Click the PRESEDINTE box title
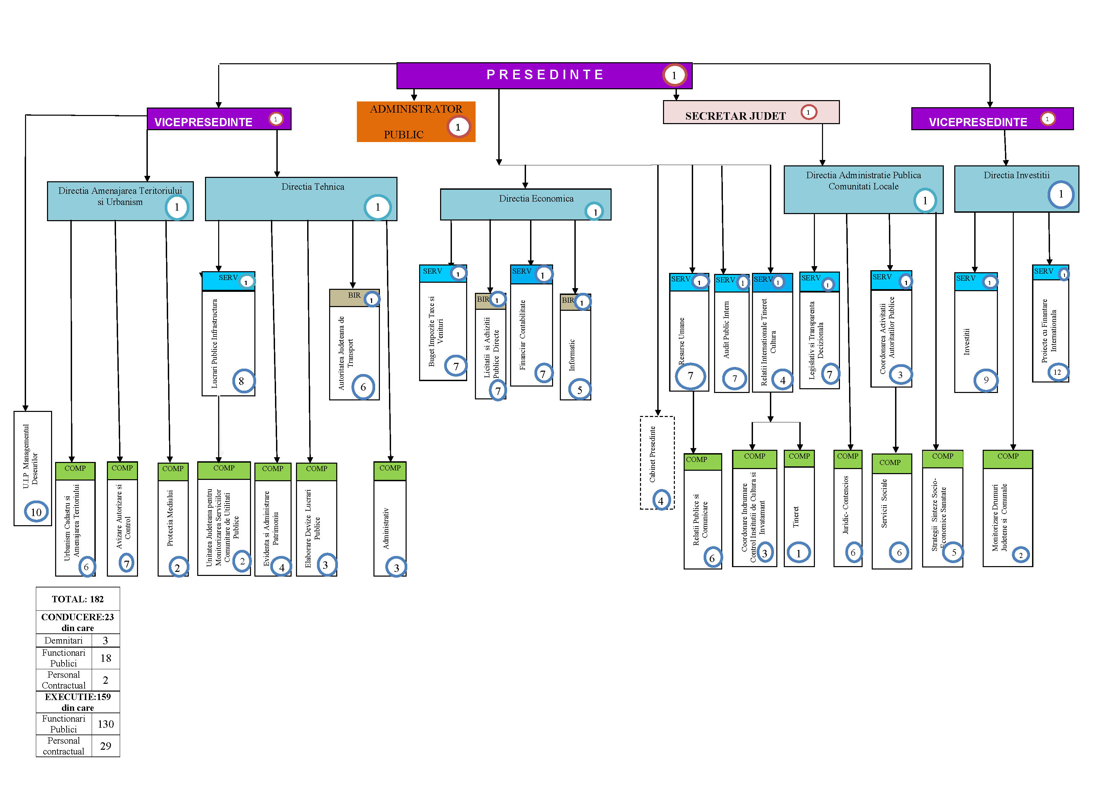(545, 74)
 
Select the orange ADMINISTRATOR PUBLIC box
(415, 122)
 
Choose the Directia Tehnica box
(301, 199)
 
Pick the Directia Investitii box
(1016, 189)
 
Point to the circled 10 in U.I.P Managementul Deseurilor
(37, 512)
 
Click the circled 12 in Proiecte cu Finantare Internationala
(1057, 372)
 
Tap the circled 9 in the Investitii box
(985, 380)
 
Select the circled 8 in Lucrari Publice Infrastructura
(241, 381)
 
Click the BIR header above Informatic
(567, 301)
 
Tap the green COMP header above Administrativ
(390, 468)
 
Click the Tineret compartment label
(796, 517)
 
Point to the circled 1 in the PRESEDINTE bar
(674, 75)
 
